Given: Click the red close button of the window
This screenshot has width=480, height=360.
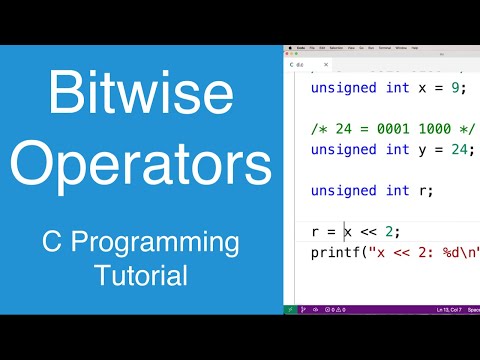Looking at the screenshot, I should point(287,47).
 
